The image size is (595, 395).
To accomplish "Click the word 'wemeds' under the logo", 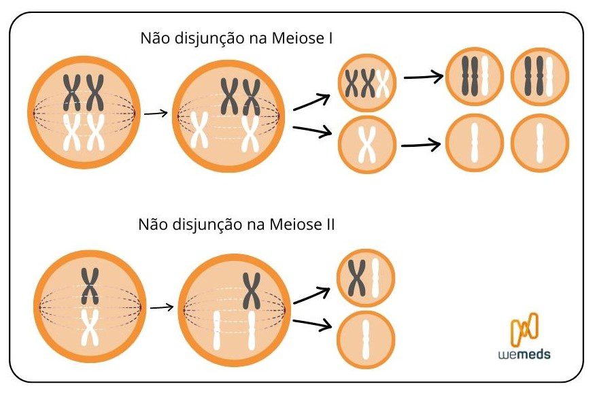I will [524, 354].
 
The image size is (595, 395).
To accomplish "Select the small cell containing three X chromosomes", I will [367, 84].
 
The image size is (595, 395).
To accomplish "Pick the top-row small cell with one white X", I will [367, 144].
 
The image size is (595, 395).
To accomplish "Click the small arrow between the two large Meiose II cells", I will [161, 307].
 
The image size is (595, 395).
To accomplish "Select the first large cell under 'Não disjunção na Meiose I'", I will [83, 113].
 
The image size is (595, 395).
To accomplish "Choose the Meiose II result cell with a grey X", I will [366, 278].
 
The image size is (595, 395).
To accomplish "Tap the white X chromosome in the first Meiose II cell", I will [90, 327].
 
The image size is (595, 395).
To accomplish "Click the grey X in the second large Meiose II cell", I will [252, 290].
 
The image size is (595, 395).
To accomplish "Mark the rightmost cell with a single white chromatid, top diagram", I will [539, 143].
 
